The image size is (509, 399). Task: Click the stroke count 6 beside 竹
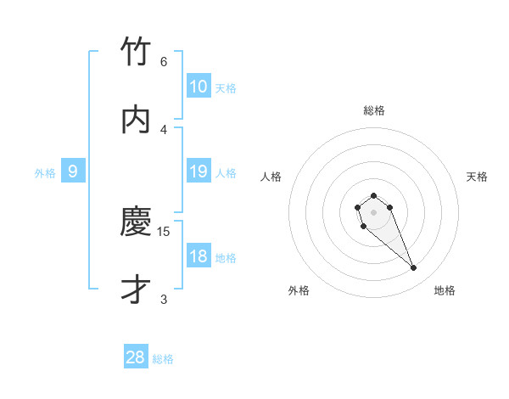[163, 61]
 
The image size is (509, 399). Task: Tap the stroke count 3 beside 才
[163, 299]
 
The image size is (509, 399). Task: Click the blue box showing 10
[198, 86]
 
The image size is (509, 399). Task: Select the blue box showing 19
[198, 171]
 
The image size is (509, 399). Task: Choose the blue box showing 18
[198, 256]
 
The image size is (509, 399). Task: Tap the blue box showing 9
[73, 171]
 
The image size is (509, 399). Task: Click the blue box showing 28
[136, 357]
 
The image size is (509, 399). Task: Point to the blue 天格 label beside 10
[226, 88]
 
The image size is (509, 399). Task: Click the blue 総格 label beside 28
[163, 360]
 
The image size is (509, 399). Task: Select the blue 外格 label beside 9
[45, 173]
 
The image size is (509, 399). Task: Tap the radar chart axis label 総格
[374, 110]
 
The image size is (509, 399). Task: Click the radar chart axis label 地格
[445, 291]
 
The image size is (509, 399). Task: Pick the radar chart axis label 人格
[271, 177]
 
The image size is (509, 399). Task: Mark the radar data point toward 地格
[413, 268]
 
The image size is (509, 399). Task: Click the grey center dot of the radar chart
[373, 211]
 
